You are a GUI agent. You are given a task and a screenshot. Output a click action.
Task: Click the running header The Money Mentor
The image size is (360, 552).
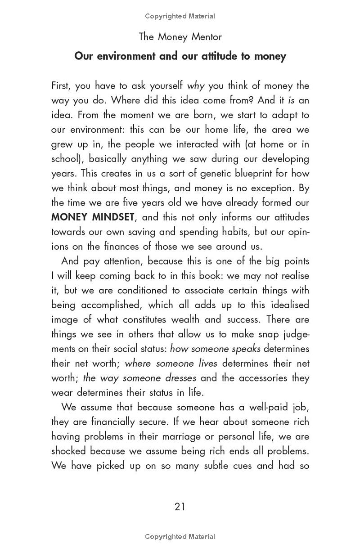tap(180, 36)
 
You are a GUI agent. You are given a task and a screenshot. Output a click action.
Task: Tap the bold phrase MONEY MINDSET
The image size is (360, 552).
tap(92, 217)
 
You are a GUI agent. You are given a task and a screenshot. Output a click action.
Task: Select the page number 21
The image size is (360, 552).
tap(180, 507)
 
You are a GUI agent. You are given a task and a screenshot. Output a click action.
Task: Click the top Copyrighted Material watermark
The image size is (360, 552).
tap(180, 16)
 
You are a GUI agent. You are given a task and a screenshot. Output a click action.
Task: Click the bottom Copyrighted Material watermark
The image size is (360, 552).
tap(180, 536)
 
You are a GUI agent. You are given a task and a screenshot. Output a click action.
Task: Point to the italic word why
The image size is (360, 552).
tap(196, 86)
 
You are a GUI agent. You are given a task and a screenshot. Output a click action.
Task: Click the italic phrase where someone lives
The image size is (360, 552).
tap(171, 364)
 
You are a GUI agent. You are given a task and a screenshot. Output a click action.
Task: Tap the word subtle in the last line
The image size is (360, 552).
tap(216, 466)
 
